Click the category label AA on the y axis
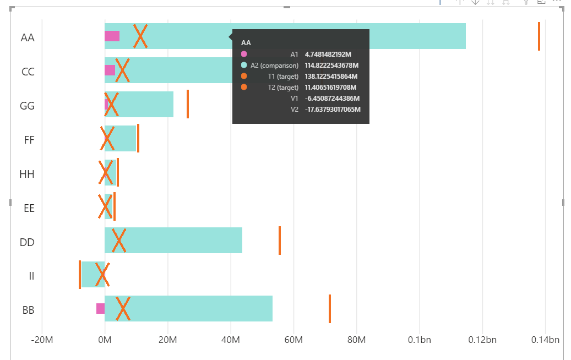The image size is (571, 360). click(x=28, y=38)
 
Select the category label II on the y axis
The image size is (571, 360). click(x=31, y=276)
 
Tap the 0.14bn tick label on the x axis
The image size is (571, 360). click(x=545, y=340)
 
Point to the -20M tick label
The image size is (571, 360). click(x=42, y=340)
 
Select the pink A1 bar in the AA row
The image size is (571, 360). click(x=112, y=36)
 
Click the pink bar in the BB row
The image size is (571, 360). click(x=100, y=308)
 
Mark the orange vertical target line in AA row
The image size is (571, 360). click(x=539, y=36)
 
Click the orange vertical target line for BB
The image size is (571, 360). click(x=330, y=309)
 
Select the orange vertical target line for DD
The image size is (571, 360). click(x=280, y=241)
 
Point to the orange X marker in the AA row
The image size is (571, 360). click(x=140, y=36)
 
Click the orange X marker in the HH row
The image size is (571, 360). click(x=105, y=172)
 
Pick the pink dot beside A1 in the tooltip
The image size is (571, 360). click(x=244, y=54)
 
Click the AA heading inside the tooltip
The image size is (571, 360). click(x=246, y=42)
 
